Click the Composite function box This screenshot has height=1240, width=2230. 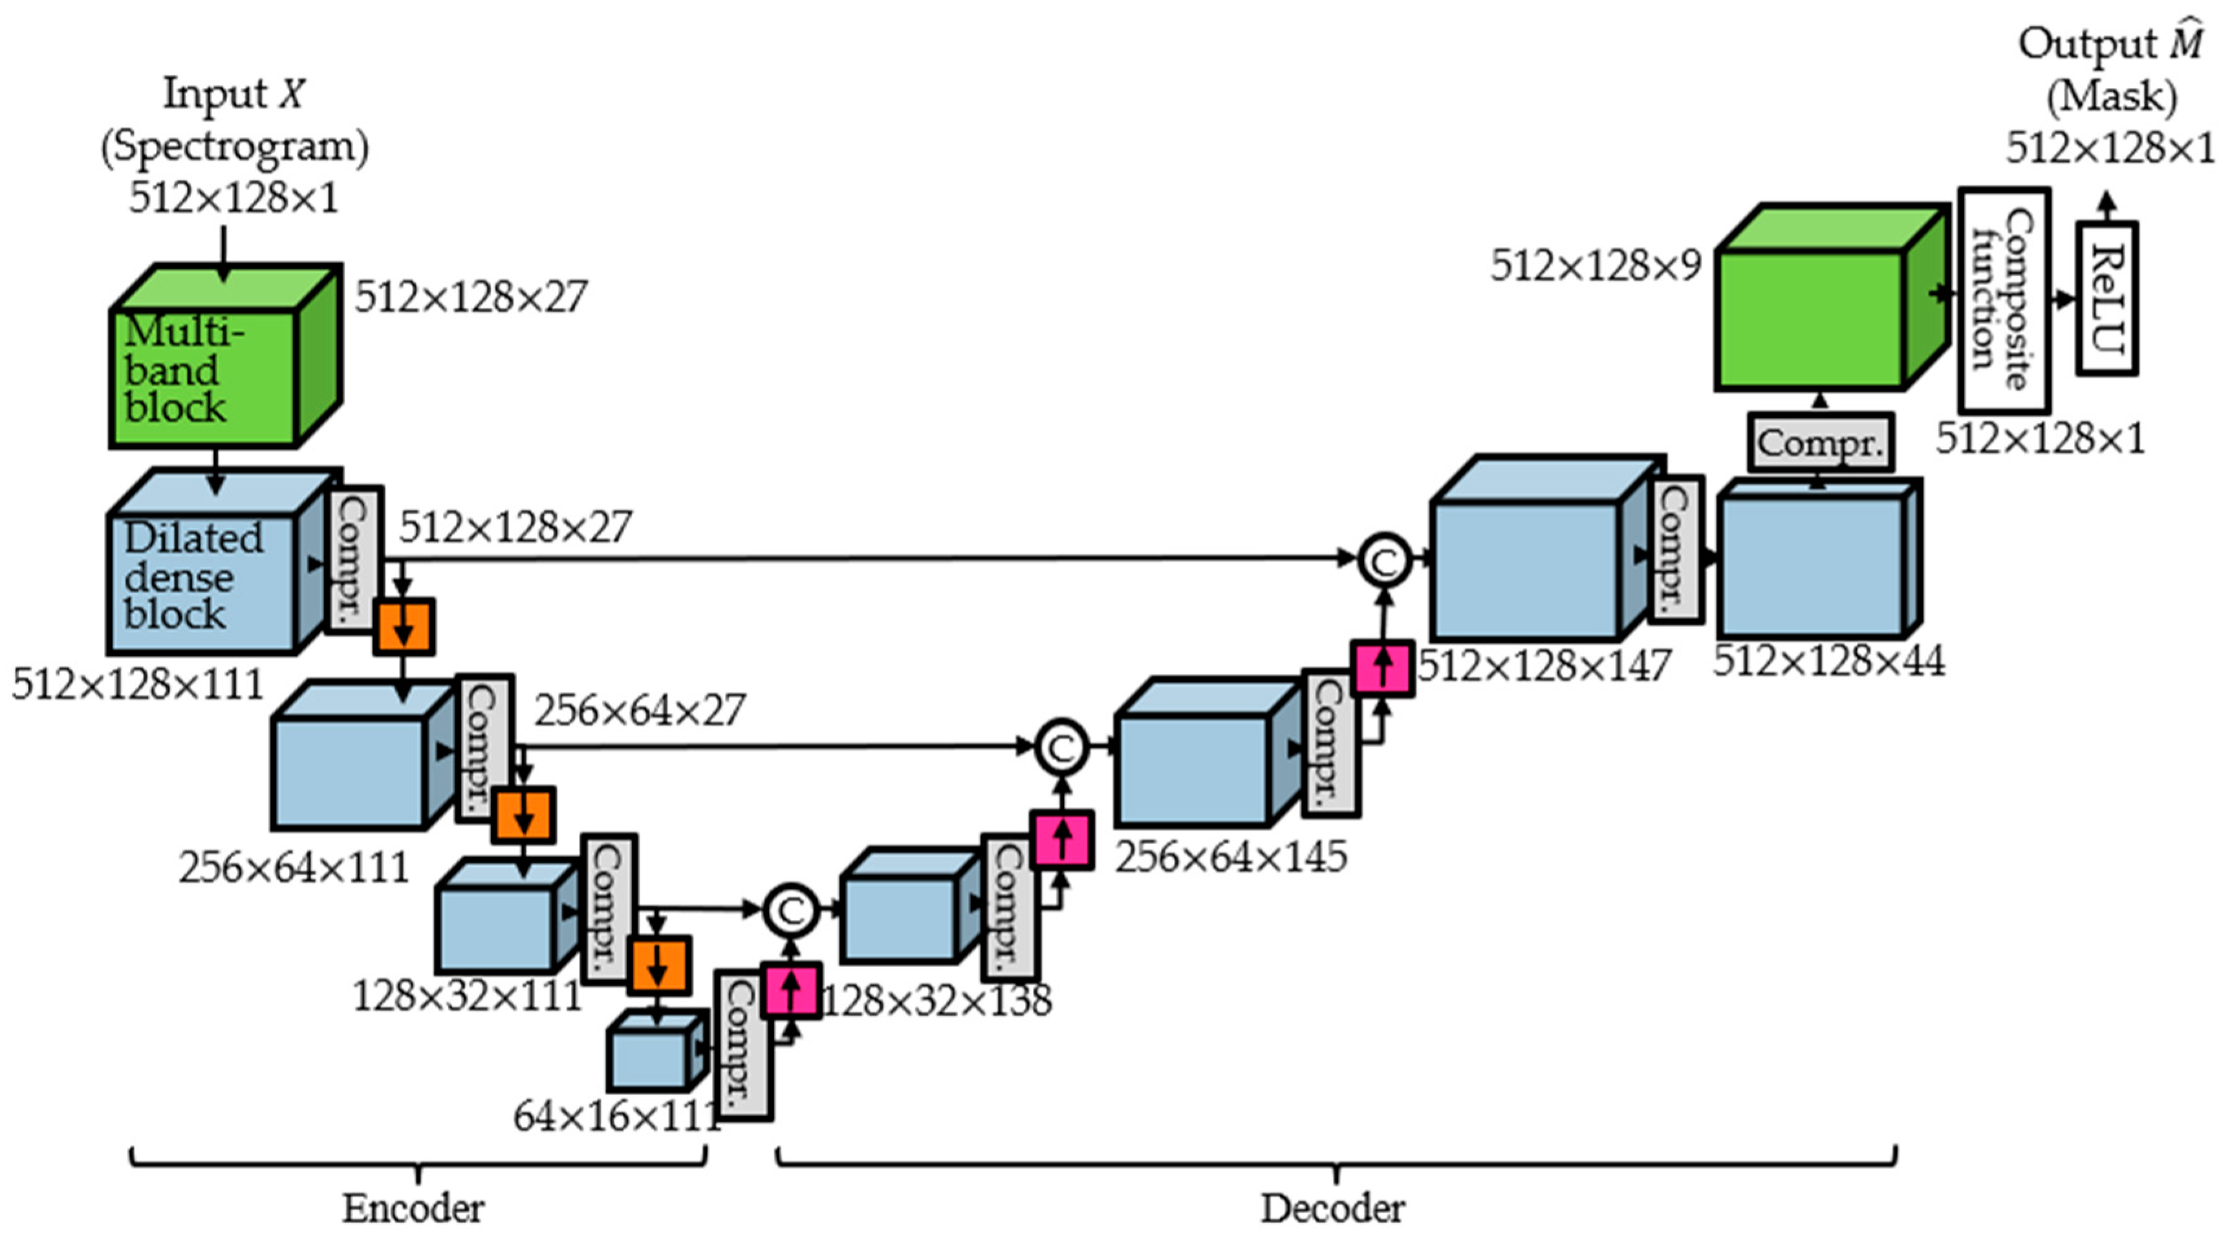[x=2003, y=299]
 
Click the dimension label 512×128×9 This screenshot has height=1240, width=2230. [x=1595, y=265]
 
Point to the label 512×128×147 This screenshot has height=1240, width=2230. [x=1544, y=666]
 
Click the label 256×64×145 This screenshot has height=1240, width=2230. [x=1230, y=857]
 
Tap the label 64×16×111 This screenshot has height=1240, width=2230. [x=616, y=1117]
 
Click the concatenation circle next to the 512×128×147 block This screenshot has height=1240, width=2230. [x=1383, y=561]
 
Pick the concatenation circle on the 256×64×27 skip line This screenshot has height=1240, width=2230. [x=1061, y=747]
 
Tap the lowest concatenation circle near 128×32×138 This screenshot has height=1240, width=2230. [x=790, y=910]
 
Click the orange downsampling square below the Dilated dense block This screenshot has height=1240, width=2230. [x=404, y=627]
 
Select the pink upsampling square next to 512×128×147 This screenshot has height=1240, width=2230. [x=1383, y=668]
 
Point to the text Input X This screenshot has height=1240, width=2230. [x=233, y=94]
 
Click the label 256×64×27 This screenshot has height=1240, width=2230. [x=639, y=711]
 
